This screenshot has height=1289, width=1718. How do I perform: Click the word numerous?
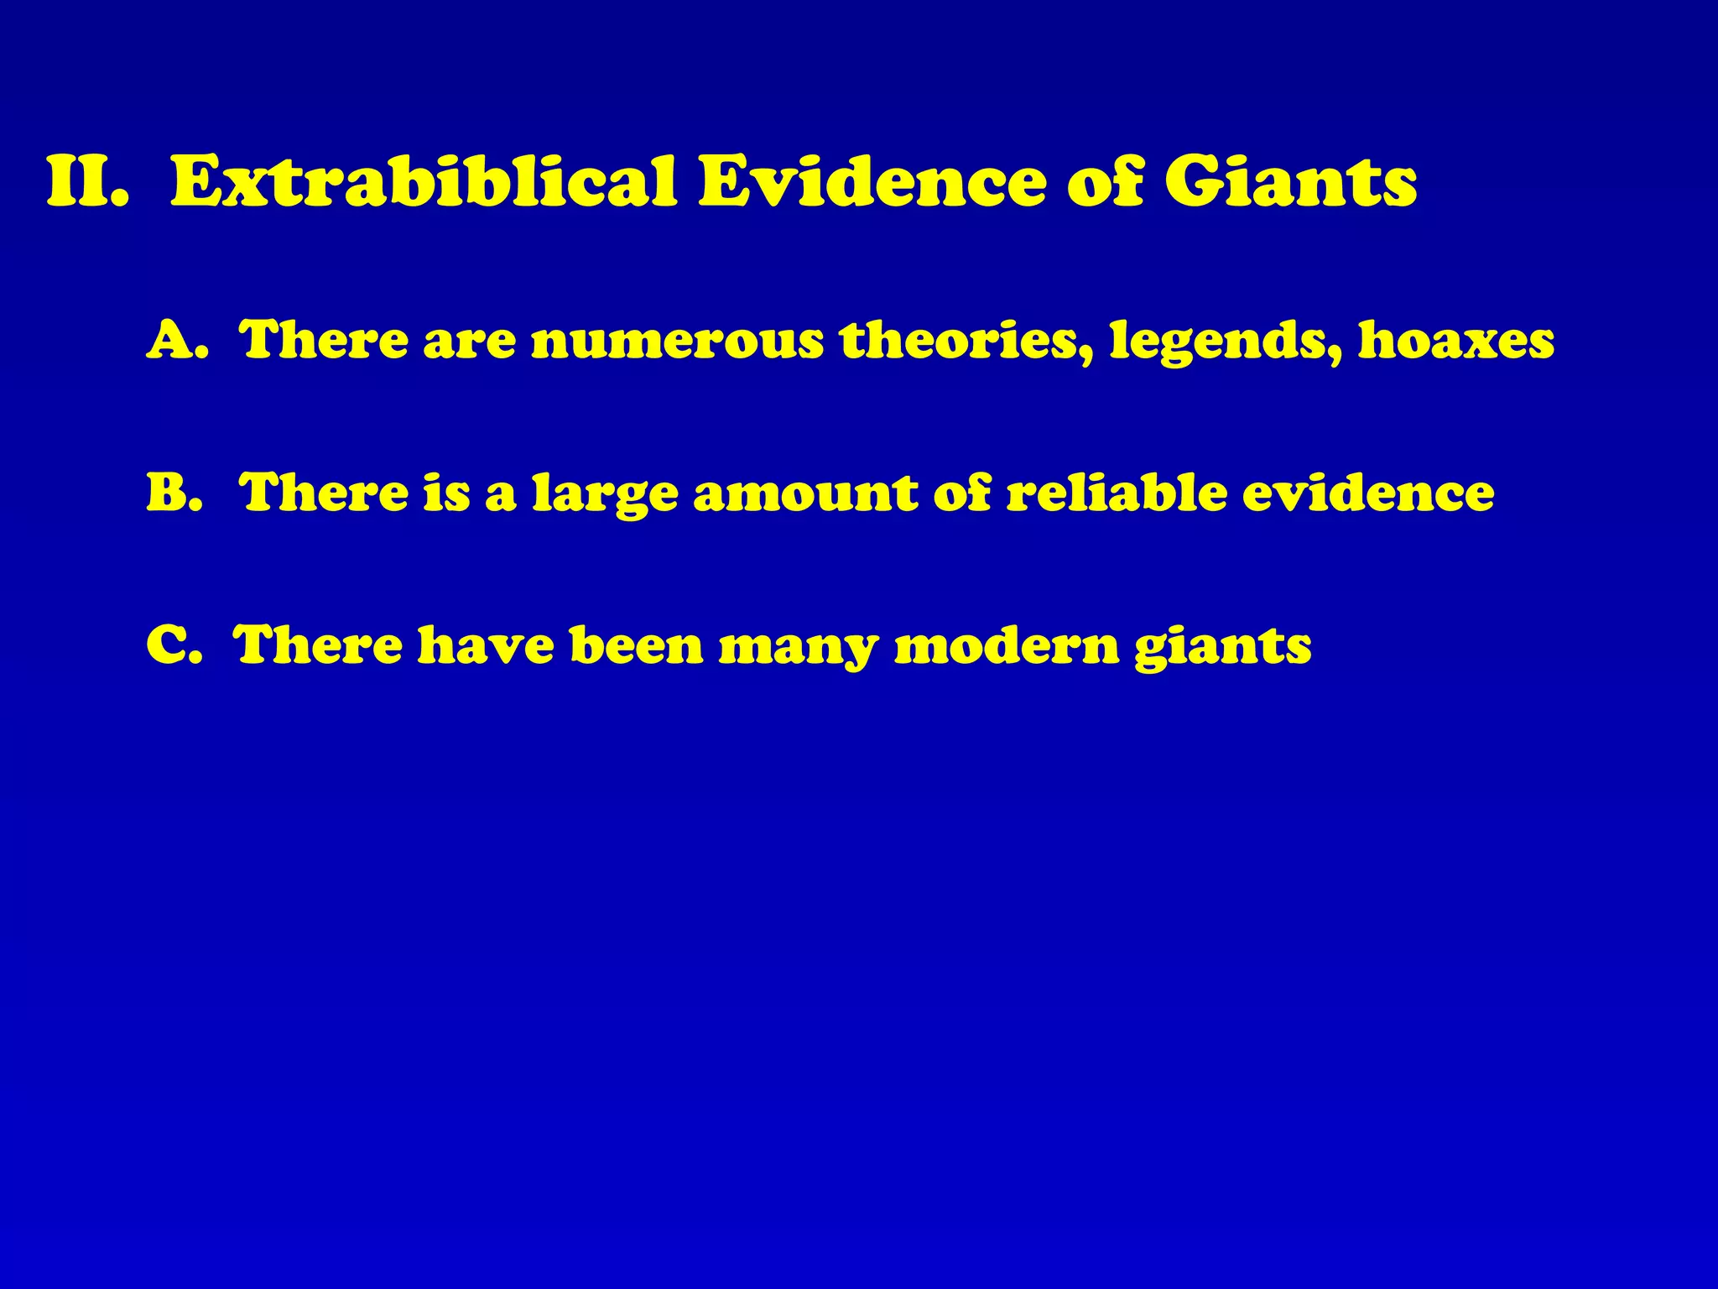[x=678, y=341]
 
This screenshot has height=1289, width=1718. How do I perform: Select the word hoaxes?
[x=1456, y=341]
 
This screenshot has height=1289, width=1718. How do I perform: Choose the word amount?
[x=805, y=493]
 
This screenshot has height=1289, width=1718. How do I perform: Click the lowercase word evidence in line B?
[x=1368, y=493]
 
